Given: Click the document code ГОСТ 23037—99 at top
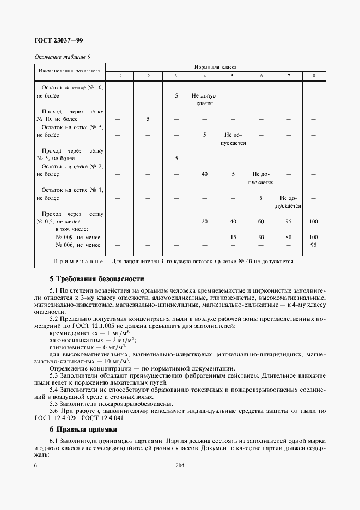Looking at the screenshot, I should click(x=59, y=40).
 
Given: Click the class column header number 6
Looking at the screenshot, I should click(x=261, y=75).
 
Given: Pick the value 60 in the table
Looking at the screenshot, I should click(x=261, y=221).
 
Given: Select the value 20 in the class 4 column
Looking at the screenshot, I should click(x=204, y=221).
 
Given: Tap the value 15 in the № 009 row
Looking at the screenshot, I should click(x=233, y=238).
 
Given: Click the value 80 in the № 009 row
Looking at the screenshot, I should click(x=289, y=238).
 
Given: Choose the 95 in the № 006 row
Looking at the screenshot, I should click(x=313, y=245).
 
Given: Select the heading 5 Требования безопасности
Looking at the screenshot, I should click(x=96, y=278).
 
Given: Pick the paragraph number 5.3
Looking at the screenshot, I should click(x=54, y=376).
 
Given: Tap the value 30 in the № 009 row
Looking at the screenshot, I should click(x=261, y=238).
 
